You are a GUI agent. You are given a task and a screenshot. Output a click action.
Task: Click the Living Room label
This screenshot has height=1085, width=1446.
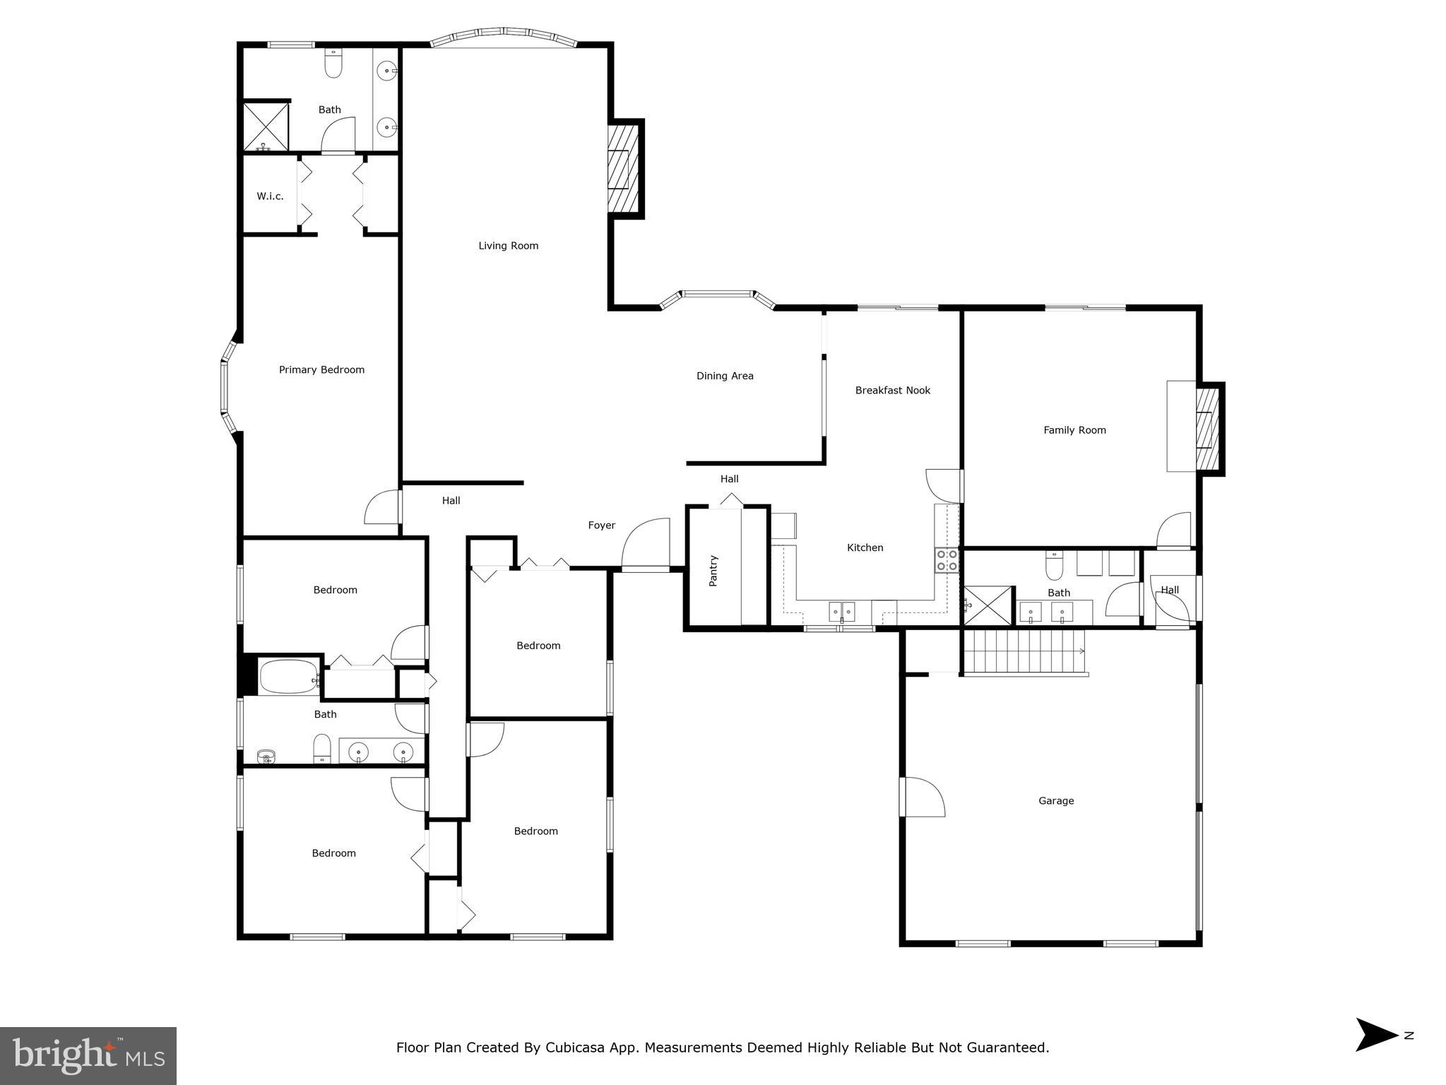(x=508, y=246)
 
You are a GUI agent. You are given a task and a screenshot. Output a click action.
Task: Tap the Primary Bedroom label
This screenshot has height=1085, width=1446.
(x=321, y=369)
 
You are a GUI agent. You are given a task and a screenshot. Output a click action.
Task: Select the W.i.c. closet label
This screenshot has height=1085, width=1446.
(x=270, y=196)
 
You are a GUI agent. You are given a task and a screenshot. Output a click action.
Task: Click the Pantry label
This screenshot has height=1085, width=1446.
(x=713, y=571)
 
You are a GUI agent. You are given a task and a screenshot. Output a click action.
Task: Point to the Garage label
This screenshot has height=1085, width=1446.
(x=1055, y=800)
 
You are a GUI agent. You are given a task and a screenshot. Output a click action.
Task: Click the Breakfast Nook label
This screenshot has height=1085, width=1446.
(x=892, y=390)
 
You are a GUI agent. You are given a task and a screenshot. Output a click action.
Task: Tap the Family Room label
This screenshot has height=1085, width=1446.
(x=1074, y=429)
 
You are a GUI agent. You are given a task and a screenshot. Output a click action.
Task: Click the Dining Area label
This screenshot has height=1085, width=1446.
(x=725, y=376)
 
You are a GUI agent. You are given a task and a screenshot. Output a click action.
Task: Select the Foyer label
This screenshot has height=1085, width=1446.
(x=601, y=525)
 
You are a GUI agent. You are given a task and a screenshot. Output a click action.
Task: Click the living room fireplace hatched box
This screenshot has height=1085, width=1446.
(x=624, y=170)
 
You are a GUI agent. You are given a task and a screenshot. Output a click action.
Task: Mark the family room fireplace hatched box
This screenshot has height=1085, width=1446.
(x=1207, y=429)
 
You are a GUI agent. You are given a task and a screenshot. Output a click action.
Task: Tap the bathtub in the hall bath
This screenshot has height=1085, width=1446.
(x=289, y=677)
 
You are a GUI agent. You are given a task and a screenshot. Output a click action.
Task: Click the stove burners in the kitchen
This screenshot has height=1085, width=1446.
(x=947, y=560)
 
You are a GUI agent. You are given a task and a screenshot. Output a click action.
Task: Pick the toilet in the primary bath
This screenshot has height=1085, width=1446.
(x=333, y=64)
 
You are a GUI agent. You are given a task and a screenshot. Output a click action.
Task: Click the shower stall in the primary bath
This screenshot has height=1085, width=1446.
(x=266, y=126)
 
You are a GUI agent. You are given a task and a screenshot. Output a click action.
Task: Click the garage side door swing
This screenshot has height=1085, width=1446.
(x=923, y=797)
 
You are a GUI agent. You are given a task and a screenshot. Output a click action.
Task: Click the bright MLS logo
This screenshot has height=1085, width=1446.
(x=88, y=1055)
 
